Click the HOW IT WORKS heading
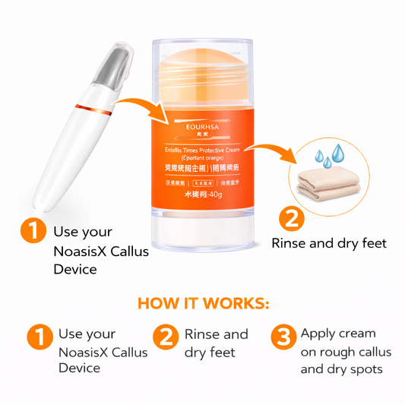(203, 303)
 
